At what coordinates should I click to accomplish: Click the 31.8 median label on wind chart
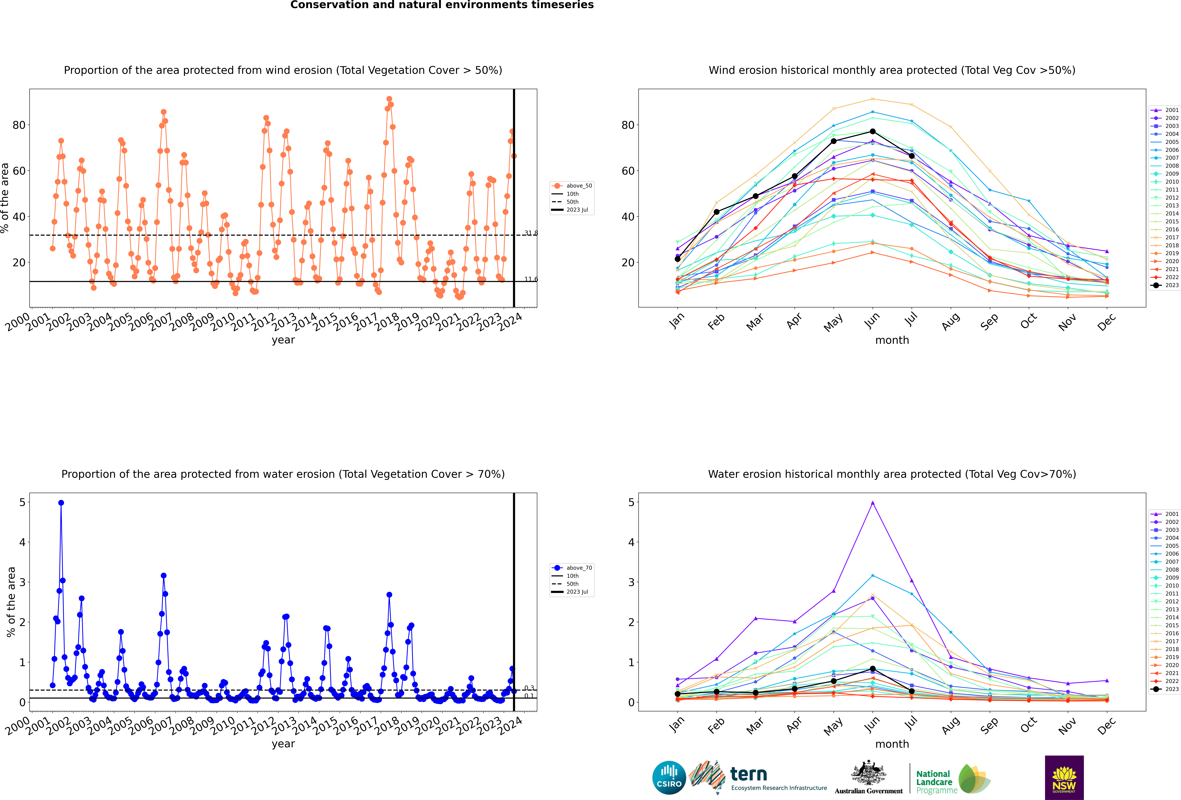point(531,233)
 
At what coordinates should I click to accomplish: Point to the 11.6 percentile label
point(531,279)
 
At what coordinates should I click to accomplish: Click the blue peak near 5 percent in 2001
point(61,503)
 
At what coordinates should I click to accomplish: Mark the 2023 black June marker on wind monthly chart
point(873,132)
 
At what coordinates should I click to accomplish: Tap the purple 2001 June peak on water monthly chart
point(873,503)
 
